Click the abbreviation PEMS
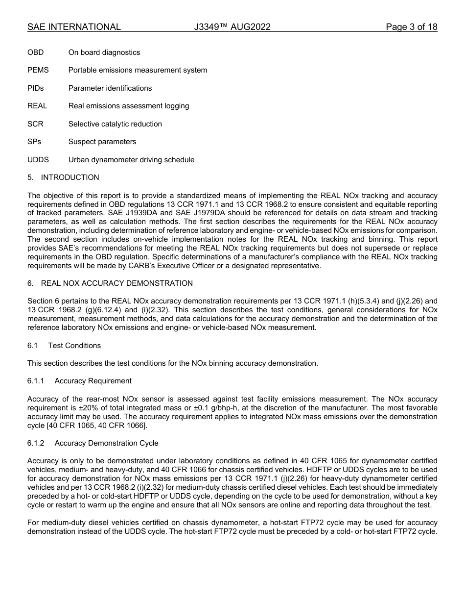coord(38,70)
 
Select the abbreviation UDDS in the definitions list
coord(38,160)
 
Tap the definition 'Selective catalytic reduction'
coord(115,124)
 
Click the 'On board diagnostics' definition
coord(104,52)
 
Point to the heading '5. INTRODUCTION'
coord(63,177)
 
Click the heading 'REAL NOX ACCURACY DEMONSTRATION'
coord(116,283)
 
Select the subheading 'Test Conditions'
coord(74,346)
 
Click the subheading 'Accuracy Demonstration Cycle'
coord(106,443)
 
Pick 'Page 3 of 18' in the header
coord(411,27)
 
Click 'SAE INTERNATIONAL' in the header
coord(74,27)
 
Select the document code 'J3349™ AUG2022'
coord(232,27)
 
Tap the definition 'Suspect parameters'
coord(102,142)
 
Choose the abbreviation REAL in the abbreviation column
coord(37,106)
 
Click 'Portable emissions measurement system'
coord(138,70)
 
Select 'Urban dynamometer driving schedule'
coord(131,160)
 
